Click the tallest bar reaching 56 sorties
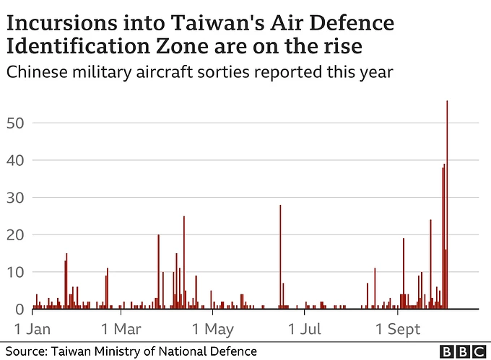(x=447, y=206)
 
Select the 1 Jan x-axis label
(x=32, y=330)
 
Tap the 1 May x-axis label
(x=214, y=330)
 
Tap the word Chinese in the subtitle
(x=35, y=72)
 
